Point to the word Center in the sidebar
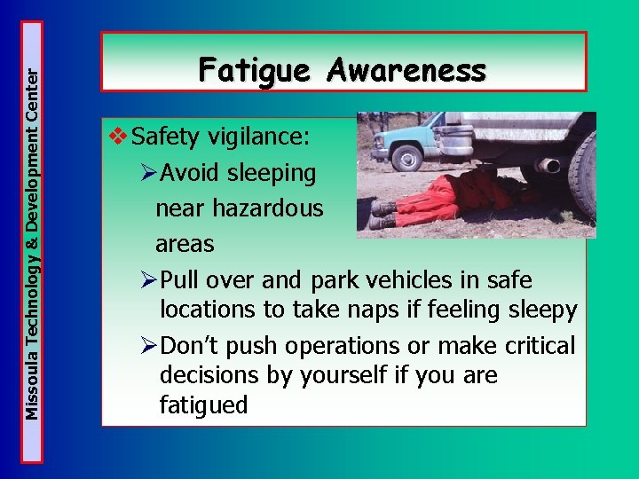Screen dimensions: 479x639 [33, 57]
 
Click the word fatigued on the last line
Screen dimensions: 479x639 [203, 405]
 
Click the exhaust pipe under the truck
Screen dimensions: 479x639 [548, 166]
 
